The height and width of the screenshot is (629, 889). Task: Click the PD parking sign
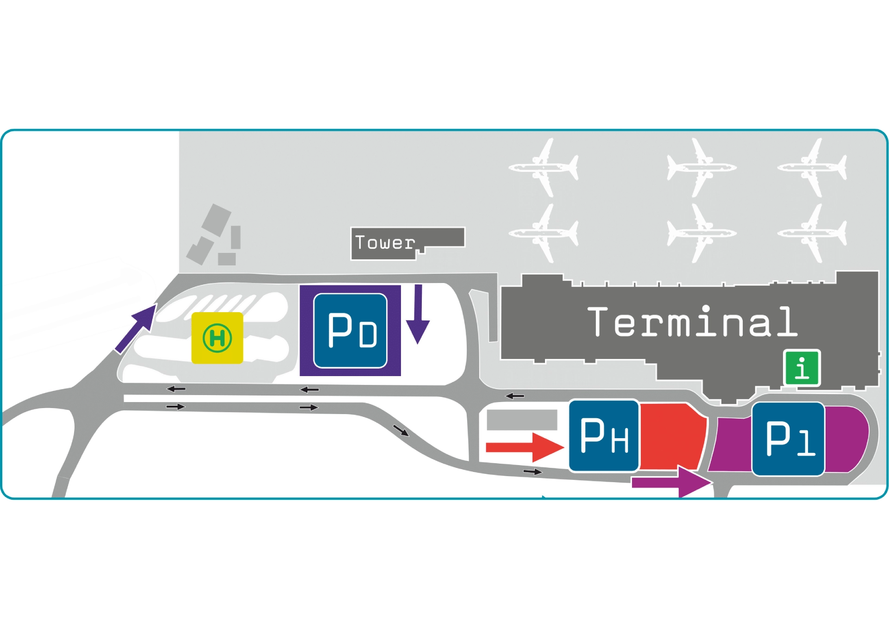click(350, 331)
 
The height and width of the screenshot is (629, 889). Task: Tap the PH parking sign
click(604, 435)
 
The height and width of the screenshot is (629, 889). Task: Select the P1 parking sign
click(788, 439)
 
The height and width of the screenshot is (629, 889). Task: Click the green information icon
click(801, 368)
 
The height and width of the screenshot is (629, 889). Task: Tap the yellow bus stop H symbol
click(217, 338)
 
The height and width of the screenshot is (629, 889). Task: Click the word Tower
click(384, 243)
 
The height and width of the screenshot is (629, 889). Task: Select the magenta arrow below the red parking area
click(671, 482)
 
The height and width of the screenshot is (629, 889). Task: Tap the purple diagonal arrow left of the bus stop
click(136, 328)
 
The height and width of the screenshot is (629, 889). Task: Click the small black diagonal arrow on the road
click(401, 431)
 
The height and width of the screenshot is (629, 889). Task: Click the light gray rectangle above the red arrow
click(522, 420)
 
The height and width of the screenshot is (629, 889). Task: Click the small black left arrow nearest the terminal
click(514, 396)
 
